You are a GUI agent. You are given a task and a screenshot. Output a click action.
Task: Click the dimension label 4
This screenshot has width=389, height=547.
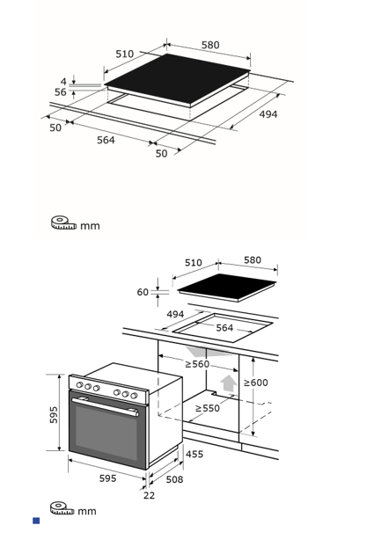pos(63,82)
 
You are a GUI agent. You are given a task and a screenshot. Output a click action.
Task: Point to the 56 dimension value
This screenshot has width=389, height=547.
pos(61,92)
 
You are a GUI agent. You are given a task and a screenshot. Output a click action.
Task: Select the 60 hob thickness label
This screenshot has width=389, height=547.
pos(143,292)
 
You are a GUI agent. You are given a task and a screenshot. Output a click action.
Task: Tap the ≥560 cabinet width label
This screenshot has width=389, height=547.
pos(197,364)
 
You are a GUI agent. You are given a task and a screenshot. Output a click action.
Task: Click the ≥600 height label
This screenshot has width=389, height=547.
pos(256,383)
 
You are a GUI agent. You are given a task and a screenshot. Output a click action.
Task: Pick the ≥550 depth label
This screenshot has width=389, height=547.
pos(208,408)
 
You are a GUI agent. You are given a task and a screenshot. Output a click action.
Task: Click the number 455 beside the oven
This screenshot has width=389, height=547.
pos(194,454)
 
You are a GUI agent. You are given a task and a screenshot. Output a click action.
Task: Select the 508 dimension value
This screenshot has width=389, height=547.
pos(174,479)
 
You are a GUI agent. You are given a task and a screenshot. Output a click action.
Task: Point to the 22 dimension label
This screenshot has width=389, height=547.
pos(149,495)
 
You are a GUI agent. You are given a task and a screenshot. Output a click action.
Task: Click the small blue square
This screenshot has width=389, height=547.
pos(36,521)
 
